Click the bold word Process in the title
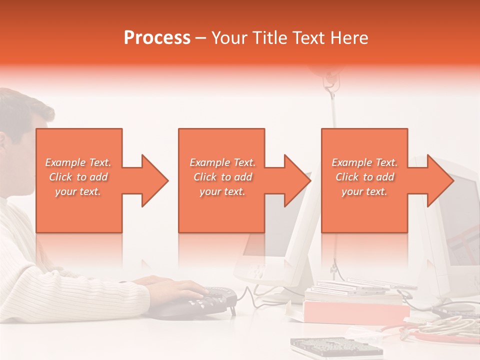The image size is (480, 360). [x=157, y=38]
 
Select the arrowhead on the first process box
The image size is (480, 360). [x=154, y=180]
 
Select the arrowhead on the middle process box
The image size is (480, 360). [x=296, y=180]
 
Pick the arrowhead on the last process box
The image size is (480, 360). [x=439, y=180]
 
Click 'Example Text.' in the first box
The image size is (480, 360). [x=78, y=162]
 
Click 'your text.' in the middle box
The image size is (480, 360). [x=222, y=191]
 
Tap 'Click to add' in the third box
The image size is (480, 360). [x=364, y=177]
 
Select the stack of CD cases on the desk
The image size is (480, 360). [x=350, y=290]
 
